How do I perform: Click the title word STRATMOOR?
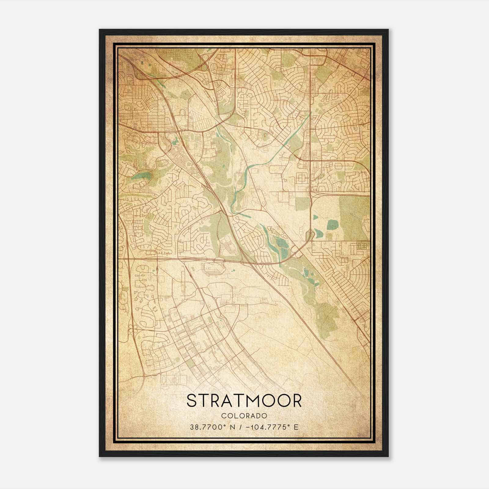click(x=244, y=401)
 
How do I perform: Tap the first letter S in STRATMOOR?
click(x=192, y=401)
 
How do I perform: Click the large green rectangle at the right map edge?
click(x=354, y=217)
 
